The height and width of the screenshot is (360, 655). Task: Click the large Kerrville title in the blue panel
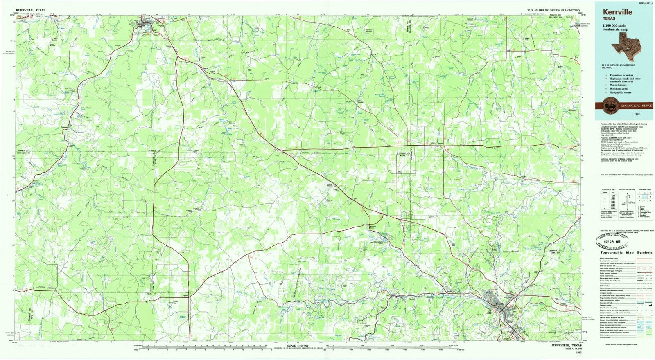click(x=617, y=12)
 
